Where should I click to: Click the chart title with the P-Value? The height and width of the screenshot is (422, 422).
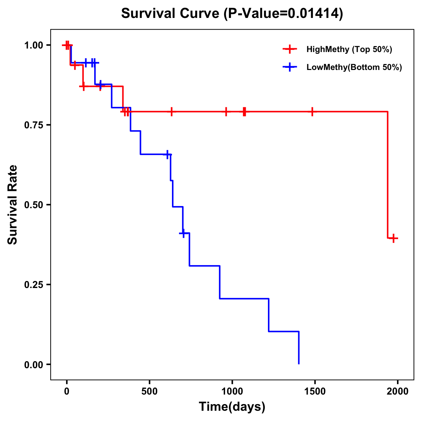[232, 14]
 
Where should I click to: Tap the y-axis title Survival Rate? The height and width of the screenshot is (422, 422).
[13, 204]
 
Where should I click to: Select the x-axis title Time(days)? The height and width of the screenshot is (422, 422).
[232, 407]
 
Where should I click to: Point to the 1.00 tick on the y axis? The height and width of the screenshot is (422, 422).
[33, 45]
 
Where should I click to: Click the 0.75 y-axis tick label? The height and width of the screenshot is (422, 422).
[33, 125]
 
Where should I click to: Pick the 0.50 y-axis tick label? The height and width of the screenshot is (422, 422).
[33, 205]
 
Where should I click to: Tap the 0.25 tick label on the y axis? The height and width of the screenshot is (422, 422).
[33, 284]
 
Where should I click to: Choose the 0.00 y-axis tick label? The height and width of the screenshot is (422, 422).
[33, 364]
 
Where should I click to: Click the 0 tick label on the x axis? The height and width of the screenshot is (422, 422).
[66, 391]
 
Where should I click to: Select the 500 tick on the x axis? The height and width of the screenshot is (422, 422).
[149, 391]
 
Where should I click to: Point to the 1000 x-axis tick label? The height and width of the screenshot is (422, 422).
[232, 391]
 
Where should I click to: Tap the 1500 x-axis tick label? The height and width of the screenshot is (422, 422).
[315, 391]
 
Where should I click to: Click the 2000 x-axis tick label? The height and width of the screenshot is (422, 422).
[398, 391]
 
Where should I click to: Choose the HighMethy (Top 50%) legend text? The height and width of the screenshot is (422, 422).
[349, 49]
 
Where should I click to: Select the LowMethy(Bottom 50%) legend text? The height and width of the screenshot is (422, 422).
[354, 67]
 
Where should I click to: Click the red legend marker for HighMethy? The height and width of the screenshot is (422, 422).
[290, 49]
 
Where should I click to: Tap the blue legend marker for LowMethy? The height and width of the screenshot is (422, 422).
[290, 67]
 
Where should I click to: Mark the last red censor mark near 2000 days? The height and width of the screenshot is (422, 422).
[394, 238]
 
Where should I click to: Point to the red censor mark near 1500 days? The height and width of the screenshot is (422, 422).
[312, 111]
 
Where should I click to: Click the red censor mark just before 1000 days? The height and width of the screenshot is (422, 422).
[226, 111]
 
